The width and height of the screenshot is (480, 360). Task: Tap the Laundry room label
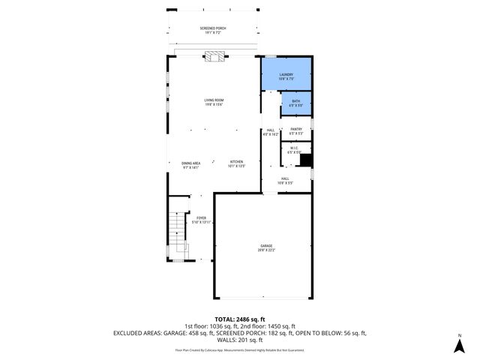coord(286,76)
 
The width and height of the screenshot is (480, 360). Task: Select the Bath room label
coord(295,103)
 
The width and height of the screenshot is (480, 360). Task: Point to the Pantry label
coord(295,131)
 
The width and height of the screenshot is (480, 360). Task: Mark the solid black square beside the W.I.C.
coord(306,160)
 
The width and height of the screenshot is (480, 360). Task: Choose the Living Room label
coord(214,102)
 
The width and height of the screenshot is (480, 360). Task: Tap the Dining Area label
coord(190,165)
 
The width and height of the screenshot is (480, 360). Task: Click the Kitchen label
coord(237,164)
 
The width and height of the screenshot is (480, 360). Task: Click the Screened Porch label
coord(213,30)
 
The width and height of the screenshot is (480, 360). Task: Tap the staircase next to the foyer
coord(177,228)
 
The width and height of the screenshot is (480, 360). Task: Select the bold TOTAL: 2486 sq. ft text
coord(240,319)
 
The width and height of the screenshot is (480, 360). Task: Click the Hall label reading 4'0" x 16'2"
coord(271,132)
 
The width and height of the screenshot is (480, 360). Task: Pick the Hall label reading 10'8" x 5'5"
coord(285,180)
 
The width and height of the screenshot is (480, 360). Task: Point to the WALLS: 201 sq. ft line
coord(240,340)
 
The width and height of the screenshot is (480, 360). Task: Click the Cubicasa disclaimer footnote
coord(240,350)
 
